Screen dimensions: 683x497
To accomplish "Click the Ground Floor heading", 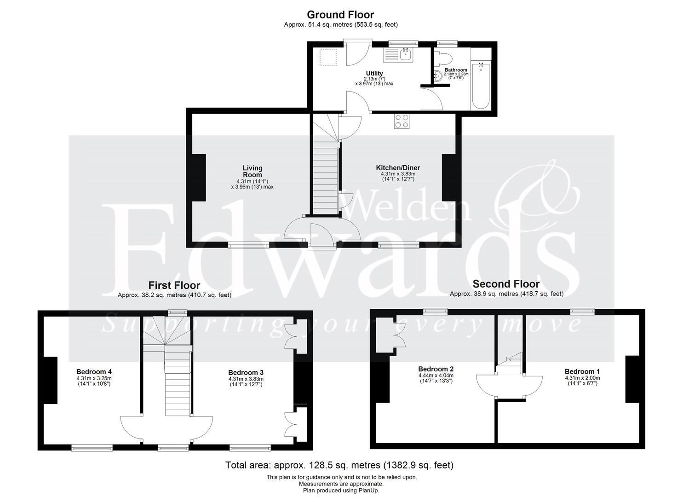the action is point(340,15).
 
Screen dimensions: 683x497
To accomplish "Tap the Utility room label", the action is point(374,73).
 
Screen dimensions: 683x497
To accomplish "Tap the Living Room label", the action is point(253,172).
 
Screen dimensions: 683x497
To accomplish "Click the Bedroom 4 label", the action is point(94,372).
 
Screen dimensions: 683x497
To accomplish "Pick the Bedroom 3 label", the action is point(246,373).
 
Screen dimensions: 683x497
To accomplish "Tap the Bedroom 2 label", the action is point(436,369).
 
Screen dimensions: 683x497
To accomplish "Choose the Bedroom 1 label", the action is point(582,372).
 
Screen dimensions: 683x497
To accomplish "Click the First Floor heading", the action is point(174,285).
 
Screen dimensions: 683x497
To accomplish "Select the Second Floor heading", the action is point(506,284).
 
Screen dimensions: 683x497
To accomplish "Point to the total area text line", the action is point(339,465).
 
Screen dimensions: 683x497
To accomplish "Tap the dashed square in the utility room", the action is point(328,58).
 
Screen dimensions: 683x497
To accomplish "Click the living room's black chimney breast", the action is point(199,178).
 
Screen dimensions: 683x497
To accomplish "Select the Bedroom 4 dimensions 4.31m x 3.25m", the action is point(94,378).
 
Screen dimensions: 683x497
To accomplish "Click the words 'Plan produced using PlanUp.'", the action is point(341,491).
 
